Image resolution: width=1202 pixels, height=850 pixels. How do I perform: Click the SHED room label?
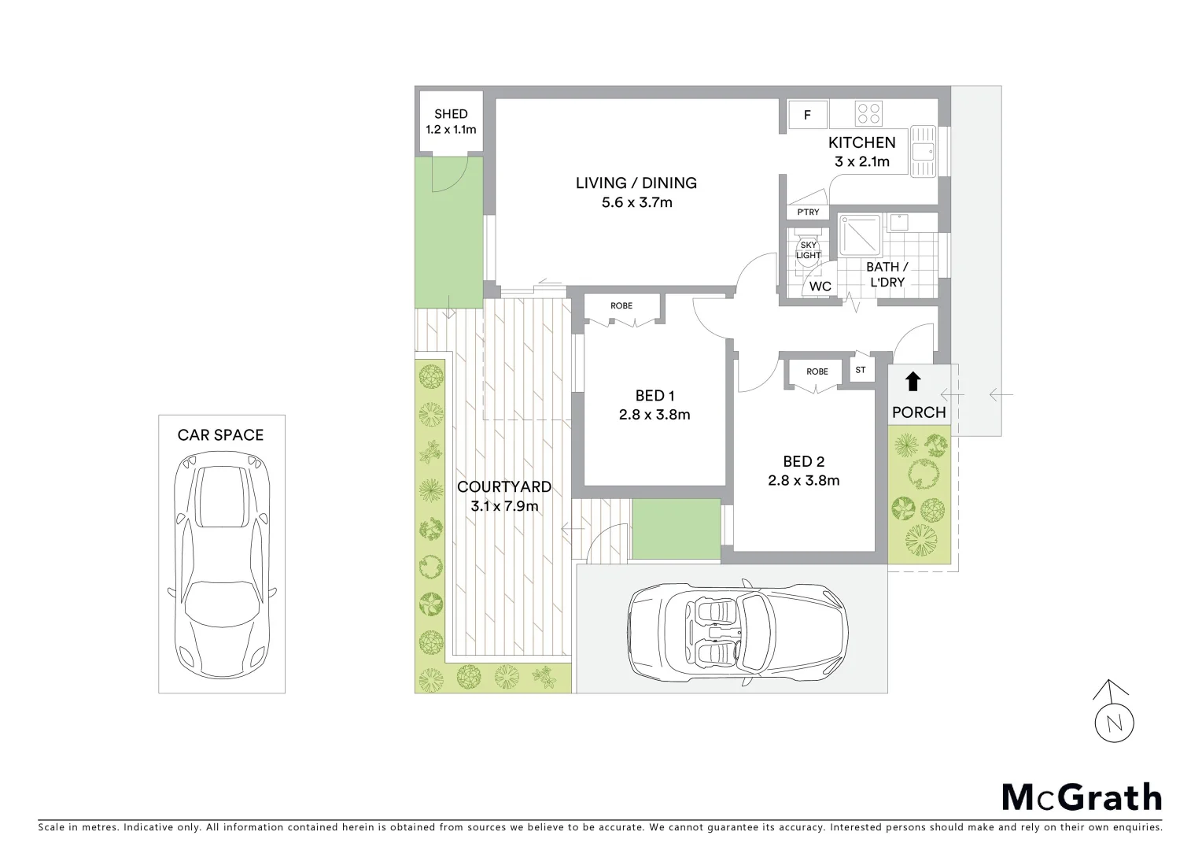pyautogui.click(x=451, y=114)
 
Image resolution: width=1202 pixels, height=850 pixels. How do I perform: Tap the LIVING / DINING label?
pyautogui.click(x=636, y=183)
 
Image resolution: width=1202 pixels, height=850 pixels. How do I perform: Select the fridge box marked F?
pyautogui.click(x=807, y=116)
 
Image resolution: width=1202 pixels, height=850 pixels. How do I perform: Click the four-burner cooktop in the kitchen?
pyautogui.click(x=868, y=113)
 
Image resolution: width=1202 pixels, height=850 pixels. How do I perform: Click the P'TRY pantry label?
pyautogui.click(x=808, y=213)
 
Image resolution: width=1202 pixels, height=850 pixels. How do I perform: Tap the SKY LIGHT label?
pyautogui.click(x=808, y=250)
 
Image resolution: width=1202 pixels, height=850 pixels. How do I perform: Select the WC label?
pyautogui.click(x=820, y=286)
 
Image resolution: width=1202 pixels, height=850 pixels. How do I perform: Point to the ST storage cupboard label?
pyautogui.click(x=861, y=370)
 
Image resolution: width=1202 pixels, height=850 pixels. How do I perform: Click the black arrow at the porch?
pyautogui.click(x=913, y=382)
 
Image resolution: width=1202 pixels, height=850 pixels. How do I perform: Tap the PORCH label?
pyautogui.click(x=918, y=412)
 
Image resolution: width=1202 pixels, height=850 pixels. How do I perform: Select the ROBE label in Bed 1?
pyautogui.click(x=621, y=306)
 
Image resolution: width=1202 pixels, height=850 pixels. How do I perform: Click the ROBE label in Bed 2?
pyautogui.click(x=817, y=371)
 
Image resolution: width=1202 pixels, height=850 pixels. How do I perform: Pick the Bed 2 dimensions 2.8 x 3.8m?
pyautogui.click(x=803, y=480)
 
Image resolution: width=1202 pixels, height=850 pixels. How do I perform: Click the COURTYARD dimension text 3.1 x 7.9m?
pyautogui.click(x=504, y=506)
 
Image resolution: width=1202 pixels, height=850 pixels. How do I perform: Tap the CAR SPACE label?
pyautogui.click(x=220, y=435)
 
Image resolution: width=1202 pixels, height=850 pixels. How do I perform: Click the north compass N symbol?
pyautogui.click(x=1114, y=723)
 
